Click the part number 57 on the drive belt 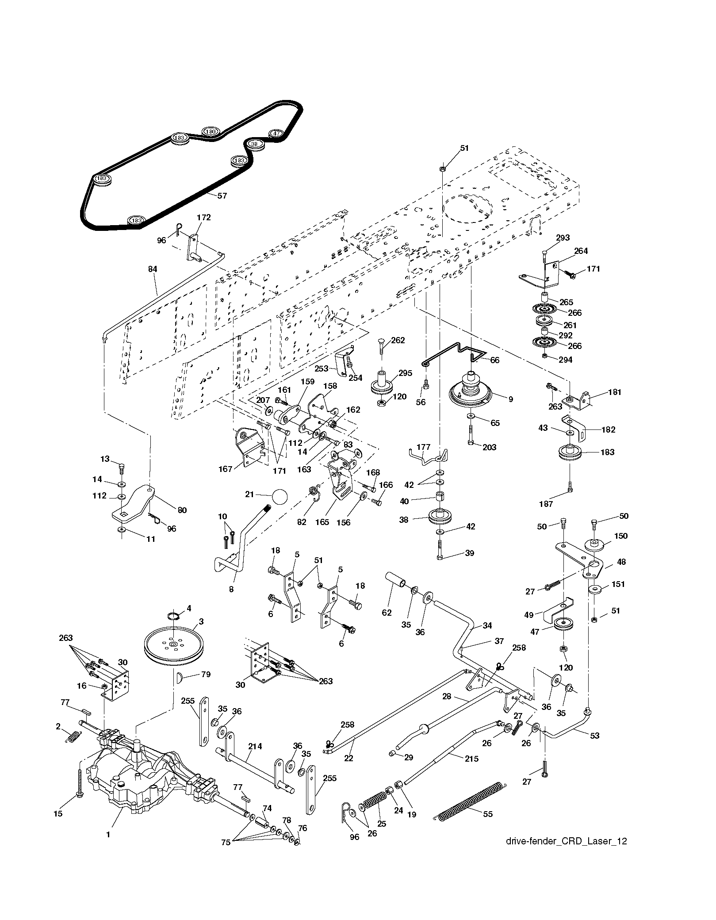pos(222,195)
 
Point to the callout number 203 pos(490,447)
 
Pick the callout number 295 pos(405,373)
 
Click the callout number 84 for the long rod pos(153,269)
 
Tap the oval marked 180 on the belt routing pos(211,132)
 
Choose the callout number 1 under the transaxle pos(108,834)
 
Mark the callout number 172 pos(204,217)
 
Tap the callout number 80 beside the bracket pos(182,510)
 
